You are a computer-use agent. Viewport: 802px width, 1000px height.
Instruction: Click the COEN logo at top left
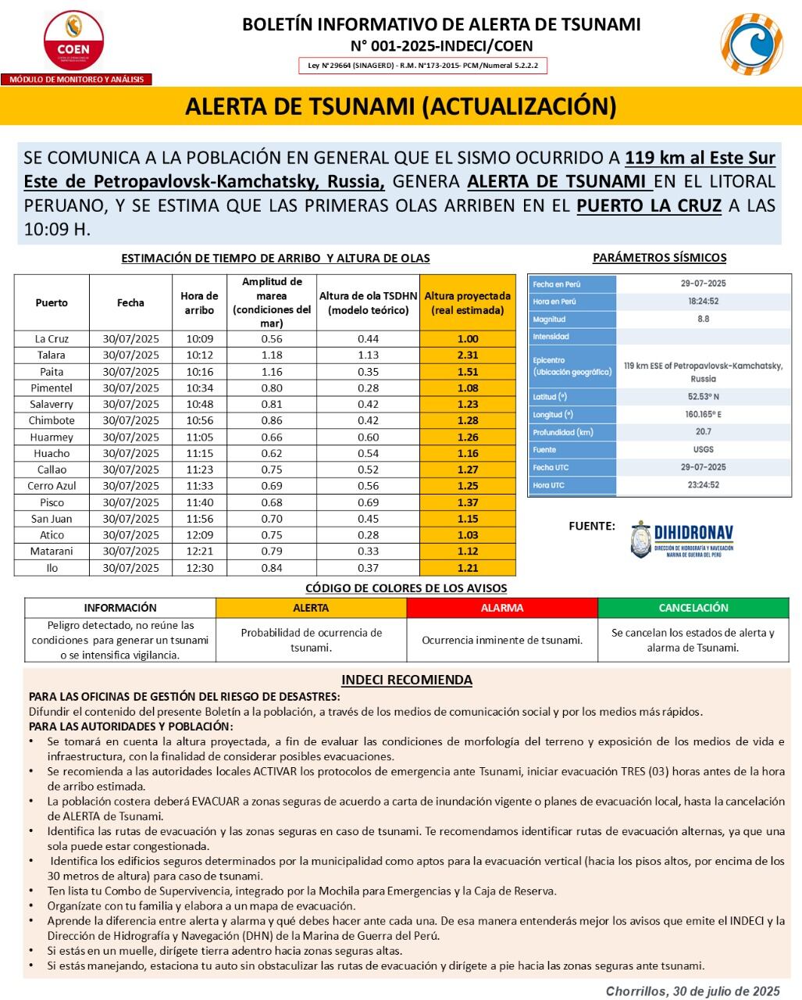[x=73, y=40]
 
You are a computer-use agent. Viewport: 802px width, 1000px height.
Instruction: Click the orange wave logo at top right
[x=750, y=45]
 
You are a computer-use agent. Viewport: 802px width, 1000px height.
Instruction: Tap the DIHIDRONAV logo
[x=682, y=539]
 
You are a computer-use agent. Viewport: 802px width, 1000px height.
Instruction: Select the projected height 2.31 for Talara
[x=467, y=355]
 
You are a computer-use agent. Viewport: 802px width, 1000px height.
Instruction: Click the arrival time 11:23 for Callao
[x=199, y=470]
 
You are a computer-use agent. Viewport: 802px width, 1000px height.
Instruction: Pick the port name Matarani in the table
[x=52, y=552]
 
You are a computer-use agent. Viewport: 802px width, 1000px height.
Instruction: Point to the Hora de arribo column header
[x=199, y=303]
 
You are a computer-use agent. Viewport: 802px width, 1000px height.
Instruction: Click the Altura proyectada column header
[x=467, y=303]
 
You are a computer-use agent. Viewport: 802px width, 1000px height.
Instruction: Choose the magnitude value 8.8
[x=703, y=320]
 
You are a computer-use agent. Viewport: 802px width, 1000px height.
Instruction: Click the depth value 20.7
[x=703, y=432]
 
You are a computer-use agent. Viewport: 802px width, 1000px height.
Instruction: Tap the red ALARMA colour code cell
[x=502, y=608]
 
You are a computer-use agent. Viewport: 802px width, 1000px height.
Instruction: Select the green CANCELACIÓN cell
[x=693, y=608]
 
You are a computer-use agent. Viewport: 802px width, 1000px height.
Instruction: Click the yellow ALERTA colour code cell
[x=311, y=608]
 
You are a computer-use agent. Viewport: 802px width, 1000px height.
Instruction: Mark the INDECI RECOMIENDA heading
[x=406, y=680]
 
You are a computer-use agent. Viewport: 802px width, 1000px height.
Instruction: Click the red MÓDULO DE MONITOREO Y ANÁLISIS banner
[x=77, y=80]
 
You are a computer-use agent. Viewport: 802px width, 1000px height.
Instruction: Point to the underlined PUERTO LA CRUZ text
[x=648, y=207]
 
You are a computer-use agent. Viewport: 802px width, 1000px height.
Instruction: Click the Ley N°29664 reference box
[x=422, y=66]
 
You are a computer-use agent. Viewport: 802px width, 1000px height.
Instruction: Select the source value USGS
[x=703, y=450]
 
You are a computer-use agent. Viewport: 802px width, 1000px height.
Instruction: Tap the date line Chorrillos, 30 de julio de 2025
[x=693, y=991]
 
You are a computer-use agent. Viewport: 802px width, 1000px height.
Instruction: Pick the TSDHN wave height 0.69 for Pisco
[x=368, y=502]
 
